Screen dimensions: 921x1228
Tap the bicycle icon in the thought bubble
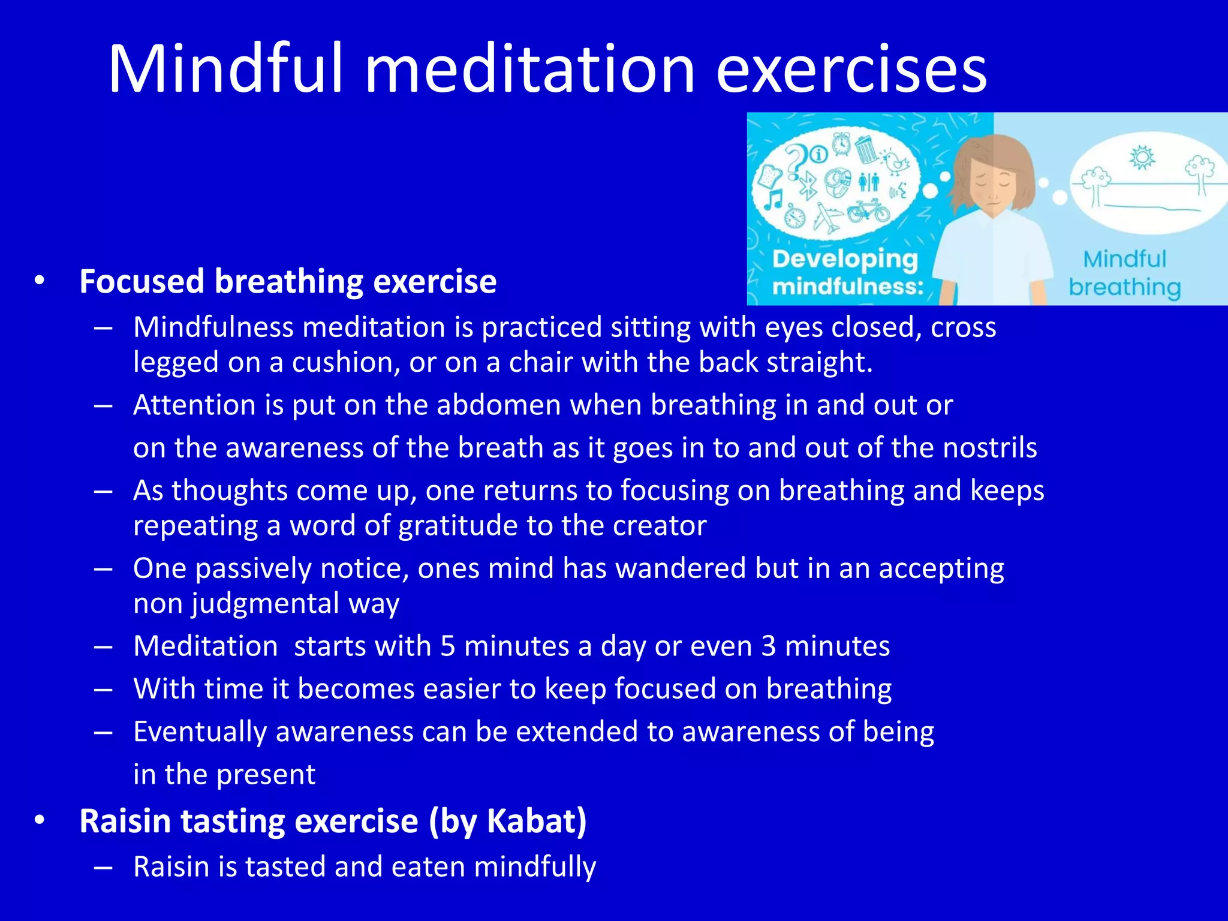click(868, 211)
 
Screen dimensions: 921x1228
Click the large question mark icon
click(797, 161)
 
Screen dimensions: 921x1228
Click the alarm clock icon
click(841, 143)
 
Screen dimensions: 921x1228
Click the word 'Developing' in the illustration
click(845, 259)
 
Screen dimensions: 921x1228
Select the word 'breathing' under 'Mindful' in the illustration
click(1124, 287)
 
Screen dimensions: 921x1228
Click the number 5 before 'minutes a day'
click(448, 646)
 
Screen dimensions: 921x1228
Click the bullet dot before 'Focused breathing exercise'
click(40, 281)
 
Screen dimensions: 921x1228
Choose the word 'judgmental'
click(266, 603)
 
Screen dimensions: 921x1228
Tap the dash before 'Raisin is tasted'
click(103, 867)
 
